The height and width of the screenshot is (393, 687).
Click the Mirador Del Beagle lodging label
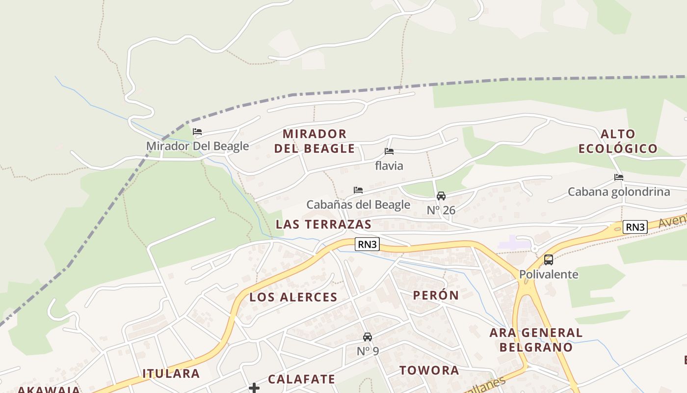click(x=197, y=146)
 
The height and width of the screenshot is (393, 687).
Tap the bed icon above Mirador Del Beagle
click(x=197, y=132)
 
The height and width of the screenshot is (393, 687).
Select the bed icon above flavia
click(x=389, y=151)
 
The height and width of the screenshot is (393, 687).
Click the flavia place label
click(x=389, y=166)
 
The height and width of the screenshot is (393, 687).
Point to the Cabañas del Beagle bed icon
click(x=358, y=190)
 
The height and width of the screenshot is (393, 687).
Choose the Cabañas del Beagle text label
click(x=358, y=204)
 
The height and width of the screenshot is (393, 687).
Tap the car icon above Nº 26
click(x=441, y=196)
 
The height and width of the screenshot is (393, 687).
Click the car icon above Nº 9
click(x=368, y=337)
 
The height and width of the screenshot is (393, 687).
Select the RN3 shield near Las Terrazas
click(x=368, y=244)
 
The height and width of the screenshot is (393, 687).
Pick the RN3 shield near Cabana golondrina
click(x=635, y=227)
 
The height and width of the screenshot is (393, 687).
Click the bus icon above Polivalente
click(x=549, y=260)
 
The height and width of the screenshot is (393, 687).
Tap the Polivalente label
click(x=549, y=274)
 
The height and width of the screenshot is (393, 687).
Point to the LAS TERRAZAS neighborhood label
click(x=323, y=225)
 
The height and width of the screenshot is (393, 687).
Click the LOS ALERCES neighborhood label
click(x=293, y=297)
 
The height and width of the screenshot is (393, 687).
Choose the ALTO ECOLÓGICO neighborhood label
click(x=618, y=141)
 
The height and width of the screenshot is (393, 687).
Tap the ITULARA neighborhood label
click(x=171, y=373)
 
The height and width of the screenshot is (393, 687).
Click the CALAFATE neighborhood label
click(x=301, y=379)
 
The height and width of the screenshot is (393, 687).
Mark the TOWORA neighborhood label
click(x=429, y=370)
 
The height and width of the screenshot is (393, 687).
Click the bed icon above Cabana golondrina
click(x=619, y=177)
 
